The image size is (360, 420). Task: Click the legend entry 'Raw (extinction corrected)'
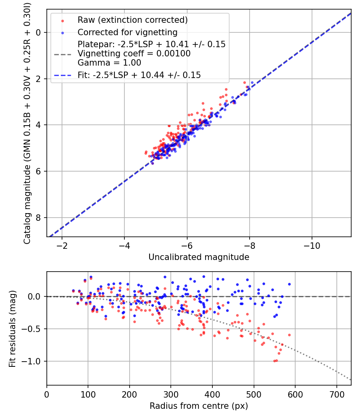pyautogui.click(x=132, y=20)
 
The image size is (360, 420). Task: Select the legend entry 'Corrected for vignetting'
pyautogui.click(x=127, y=32)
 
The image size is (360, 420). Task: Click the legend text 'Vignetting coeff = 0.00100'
pyautogui.click(x=134, y=54)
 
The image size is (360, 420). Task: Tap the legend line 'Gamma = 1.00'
pyautogui.click(x=109, y=63)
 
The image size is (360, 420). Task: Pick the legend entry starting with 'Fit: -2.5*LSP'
pyautogui.click(x=139, y=75)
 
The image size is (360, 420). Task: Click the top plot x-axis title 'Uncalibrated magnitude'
pyautogui.click(x=199, y=257)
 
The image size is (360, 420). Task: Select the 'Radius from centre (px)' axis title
pyautogui.click(x=199, y=406)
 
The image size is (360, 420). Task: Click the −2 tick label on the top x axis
pyautogui.click(x=62, y=245)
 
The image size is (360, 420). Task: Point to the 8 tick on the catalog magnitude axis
pyautogui.click(x=39, y=218)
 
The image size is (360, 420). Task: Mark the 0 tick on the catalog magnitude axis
pyautogui.click(x=39, y=32)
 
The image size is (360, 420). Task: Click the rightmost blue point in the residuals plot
pyautogui.click(x=289, y=284)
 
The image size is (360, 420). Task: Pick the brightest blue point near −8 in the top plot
pyautogui.click(x=252, y=83)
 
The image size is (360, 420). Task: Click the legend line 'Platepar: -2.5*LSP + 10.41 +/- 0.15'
pyautogui.click(x=152, y=44)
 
